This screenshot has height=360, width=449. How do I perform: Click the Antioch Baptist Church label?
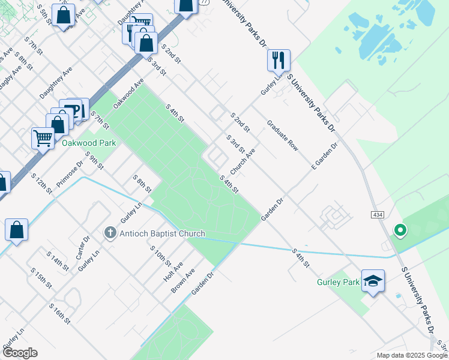(162, 233)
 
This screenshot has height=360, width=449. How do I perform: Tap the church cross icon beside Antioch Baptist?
(110, 233)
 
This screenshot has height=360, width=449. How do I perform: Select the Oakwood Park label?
(88, 143)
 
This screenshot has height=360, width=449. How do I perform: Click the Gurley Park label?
(338, 281)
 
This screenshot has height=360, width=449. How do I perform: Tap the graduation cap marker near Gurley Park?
(373, 281)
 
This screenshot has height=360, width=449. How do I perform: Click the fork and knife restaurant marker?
(279, 60)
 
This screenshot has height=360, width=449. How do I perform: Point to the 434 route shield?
(377, 214)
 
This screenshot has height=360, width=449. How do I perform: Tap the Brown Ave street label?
(183, 280)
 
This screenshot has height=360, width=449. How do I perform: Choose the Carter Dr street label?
(83, 247)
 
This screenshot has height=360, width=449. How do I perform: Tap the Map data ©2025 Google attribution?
(411, 355)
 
